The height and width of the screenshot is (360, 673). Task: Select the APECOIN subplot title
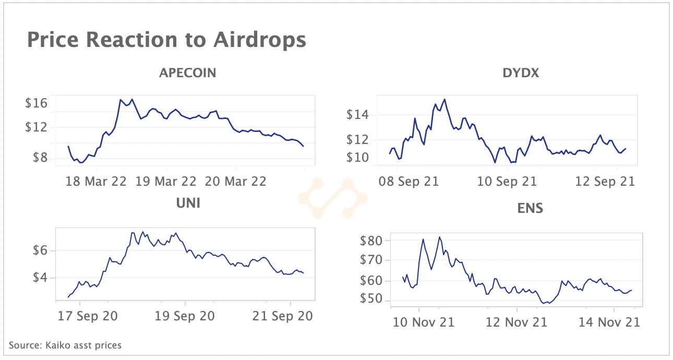point(187,73)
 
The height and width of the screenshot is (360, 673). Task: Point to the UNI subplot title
point(187,202)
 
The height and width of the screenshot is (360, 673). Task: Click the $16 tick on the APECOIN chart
point(36,103)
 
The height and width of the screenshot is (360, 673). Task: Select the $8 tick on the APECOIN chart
point(40,158)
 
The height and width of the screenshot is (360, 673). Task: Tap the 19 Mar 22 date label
point(166,182)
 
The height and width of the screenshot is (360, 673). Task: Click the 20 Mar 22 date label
point(236,182)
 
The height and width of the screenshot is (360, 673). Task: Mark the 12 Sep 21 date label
point(605,182)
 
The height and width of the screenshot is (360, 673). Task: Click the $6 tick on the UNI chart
point(40,250)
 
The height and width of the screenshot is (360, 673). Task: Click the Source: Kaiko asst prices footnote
point(65,345)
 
